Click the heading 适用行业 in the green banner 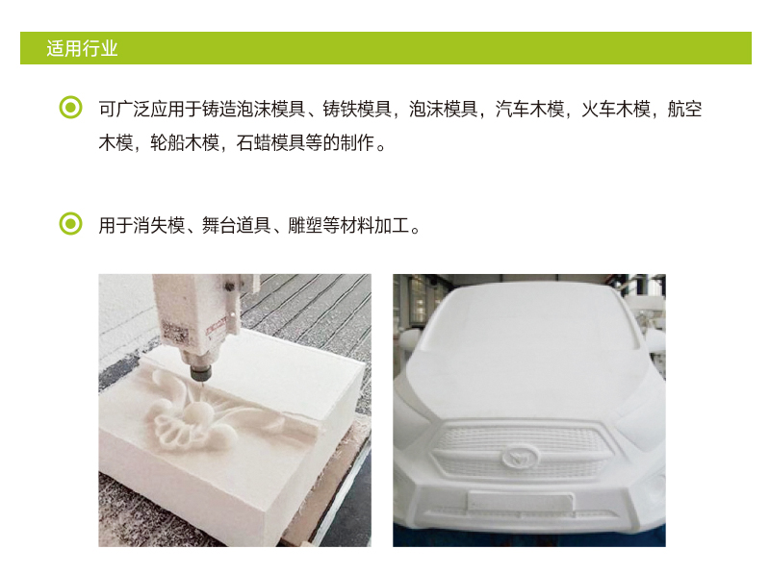(82, 49)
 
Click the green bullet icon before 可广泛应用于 (70, 107)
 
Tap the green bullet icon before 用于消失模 (70, 224)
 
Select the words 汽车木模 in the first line (529, 109)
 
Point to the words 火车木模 (616, 109)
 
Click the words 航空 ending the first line (684, 109)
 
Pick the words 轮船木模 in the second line (185, 142)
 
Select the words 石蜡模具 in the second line (270, 142)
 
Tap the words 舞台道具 (236, 226)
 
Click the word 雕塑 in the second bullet (305, 226)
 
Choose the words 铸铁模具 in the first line (357, 109)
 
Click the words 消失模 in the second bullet (159, 226)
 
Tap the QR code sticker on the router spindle (175, 333)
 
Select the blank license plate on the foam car (520, 501)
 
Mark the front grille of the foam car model (523, 451)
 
